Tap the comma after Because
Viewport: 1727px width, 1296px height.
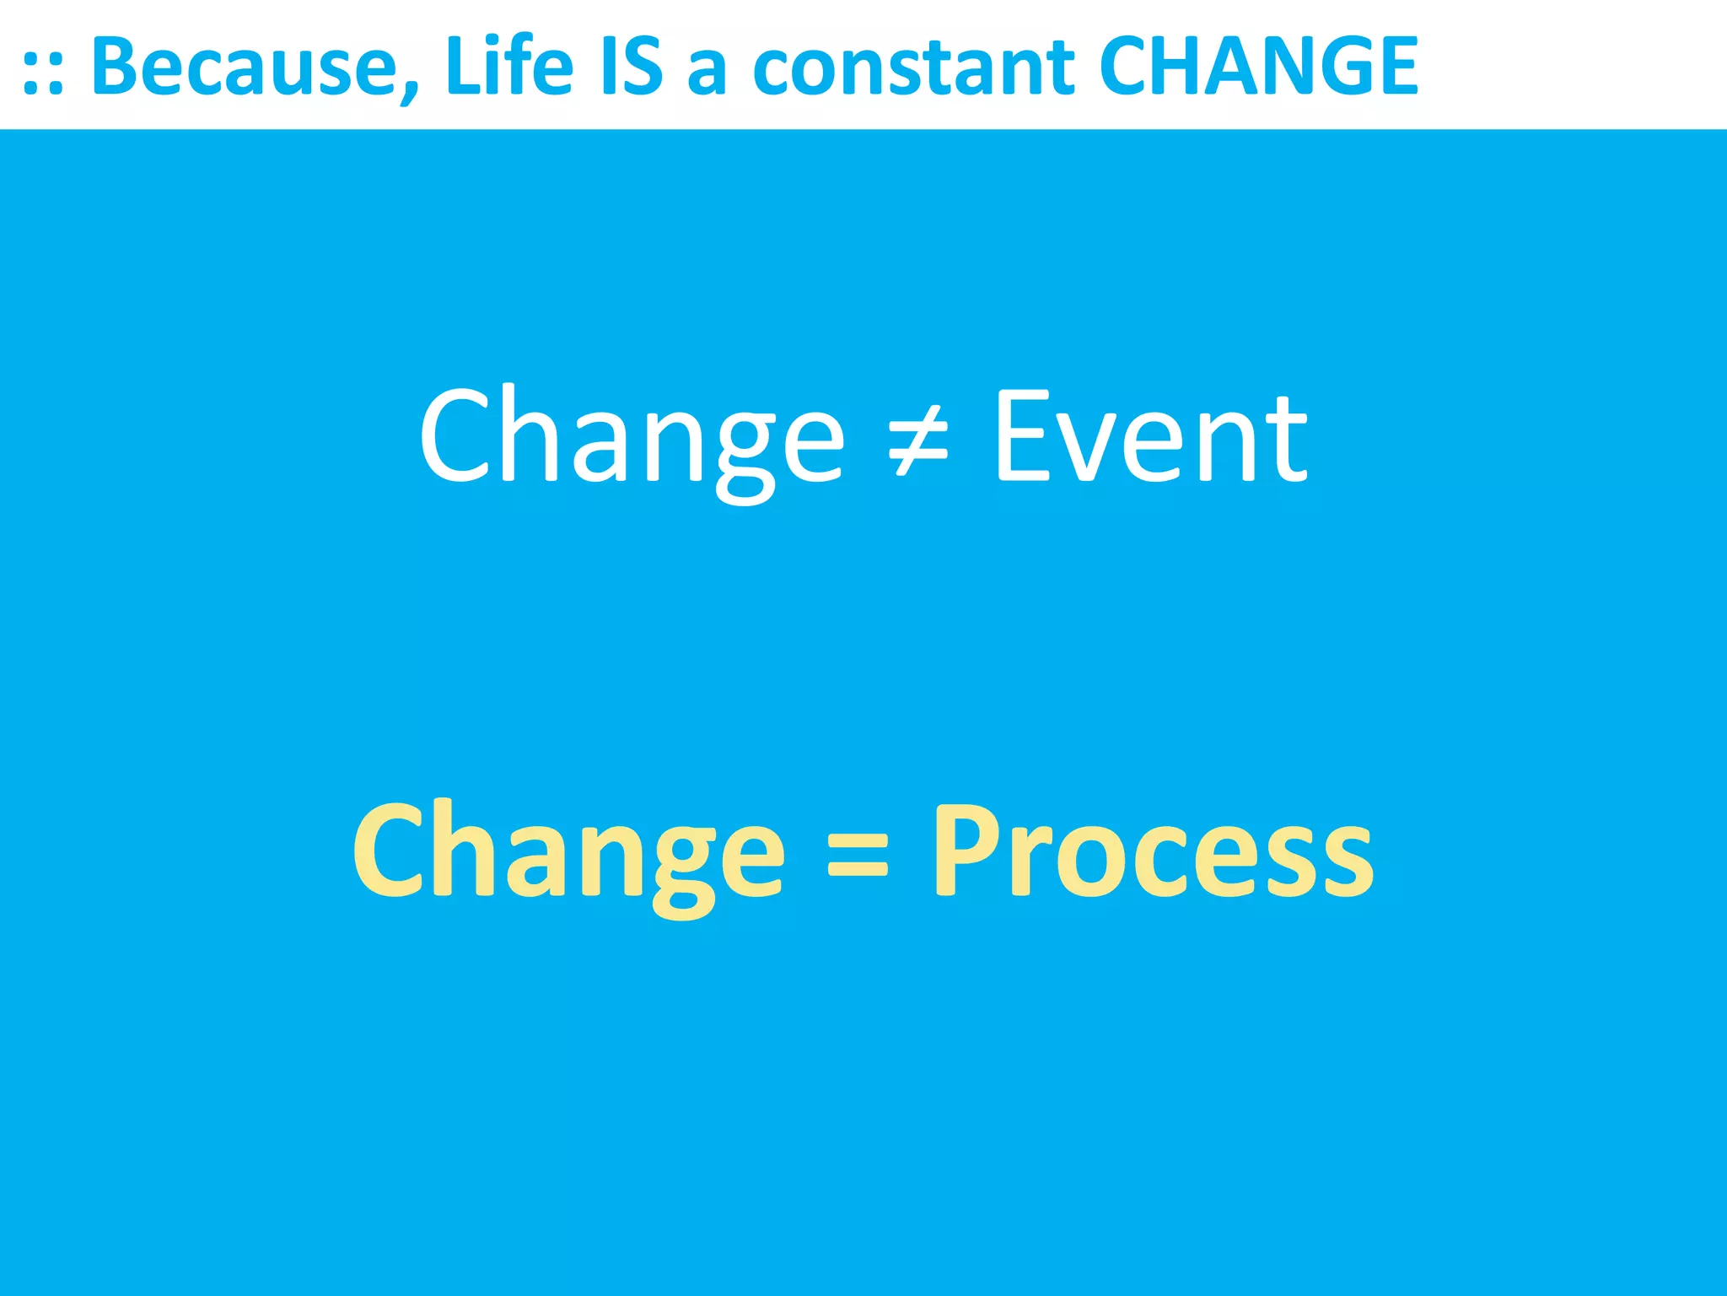[x=410, y=91]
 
